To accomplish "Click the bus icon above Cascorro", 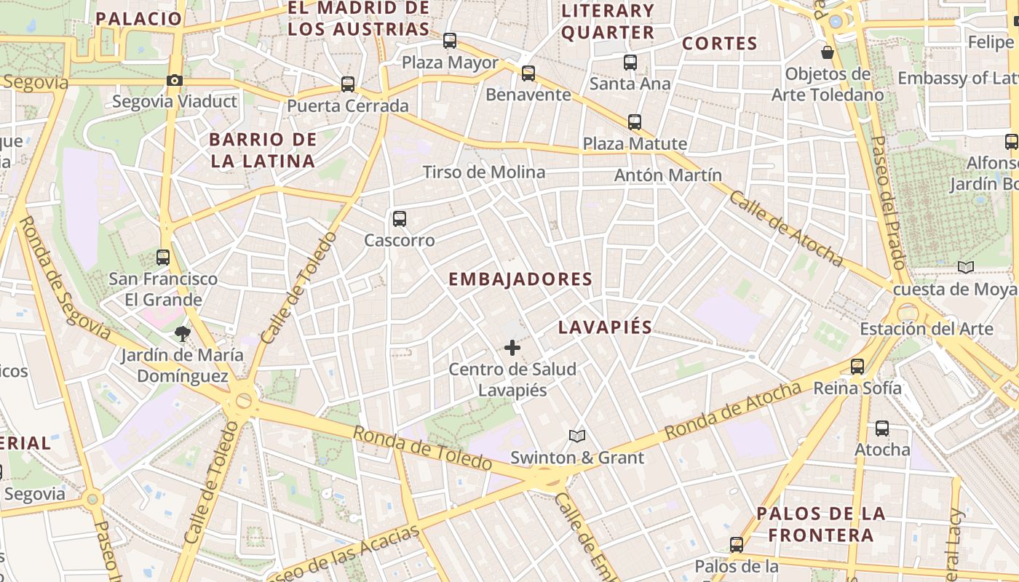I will (399, 218).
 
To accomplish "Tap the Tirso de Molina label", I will (484, 172).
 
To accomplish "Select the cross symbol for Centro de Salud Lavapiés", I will (512, 348).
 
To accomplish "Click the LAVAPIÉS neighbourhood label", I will (605, 327).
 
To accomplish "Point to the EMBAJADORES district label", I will (520, 279).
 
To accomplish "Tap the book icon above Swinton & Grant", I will (577, 436).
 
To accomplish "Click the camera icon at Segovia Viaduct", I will (175, 81).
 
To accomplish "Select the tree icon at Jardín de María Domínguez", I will (182, 334).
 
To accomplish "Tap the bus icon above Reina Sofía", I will (857, 367).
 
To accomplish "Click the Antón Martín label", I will (668, 175).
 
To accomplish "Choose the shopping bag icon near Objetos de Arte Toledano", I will (828, 52).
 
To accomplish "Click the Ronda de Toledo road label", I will (422, 449).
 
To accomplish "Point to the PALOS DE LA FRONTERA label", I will (821, 525).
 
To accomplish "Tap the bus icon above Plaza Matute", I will (635, 121).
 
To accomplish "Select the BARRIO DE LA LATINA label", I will (263, 151).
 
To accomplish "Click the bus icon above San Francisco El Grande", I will (163, 257).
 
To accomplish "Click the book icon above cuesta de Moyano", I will (966, 268).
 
